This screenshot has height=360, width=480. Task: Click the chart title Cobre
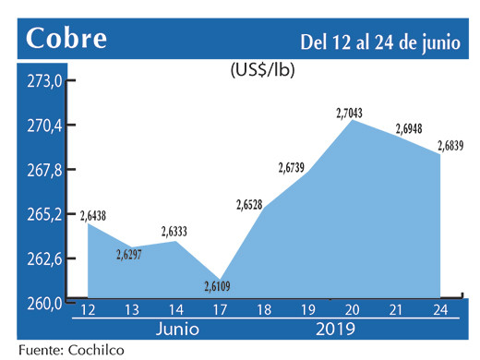[66, 39]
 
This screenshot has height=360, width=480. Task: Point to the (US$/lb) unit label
[262, 68]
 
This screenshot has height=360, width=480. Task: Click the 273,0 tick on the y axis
[44, 81]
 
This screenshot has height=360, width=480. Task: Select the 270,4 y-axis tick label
[44, 126]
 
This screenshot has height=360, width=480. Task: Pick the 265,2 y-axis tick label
[44, 214]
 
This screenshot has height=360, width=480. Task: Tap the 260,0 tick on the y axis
[44, 303]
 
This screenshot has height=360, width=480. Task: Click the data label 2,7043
[349, 113]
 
